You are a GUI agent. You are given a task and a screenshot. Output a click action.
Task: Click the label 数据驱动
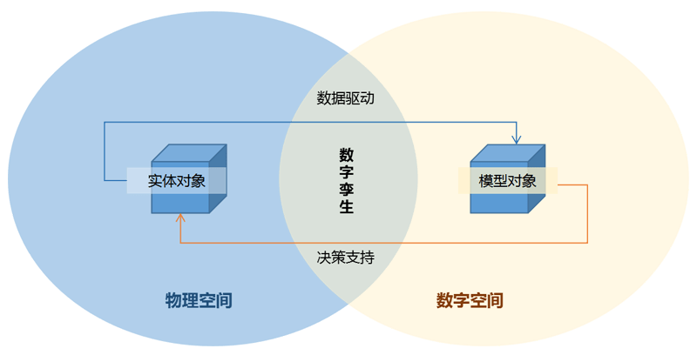click(346, 98)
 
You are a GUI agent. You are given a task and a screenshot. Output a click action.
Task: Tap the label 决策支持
click(346, 258)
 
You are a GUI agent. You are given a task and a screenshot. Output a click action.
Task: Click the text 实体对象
click(176, 181)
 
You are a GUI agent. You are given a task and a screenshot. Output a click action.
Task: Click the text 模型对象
click(507, 181)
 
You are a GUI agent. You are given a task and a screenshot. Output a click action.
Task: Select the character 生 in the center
click(347, 207)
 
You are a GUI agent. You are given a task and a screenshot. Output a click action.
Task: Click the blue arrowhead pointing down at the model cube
click(517, 138)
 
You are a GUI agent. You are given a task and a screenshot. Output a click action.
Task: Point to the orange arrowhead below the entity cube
click(179, 220)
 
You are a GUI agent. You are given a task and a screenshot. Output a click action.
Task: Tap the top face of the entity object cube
click(188, 152)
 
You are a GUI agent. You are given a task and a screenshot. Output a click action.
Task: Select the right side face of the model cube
click(537, 178)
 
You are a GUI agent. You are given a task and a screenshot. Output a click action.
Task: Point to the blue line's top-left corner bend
click(105, 122)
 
